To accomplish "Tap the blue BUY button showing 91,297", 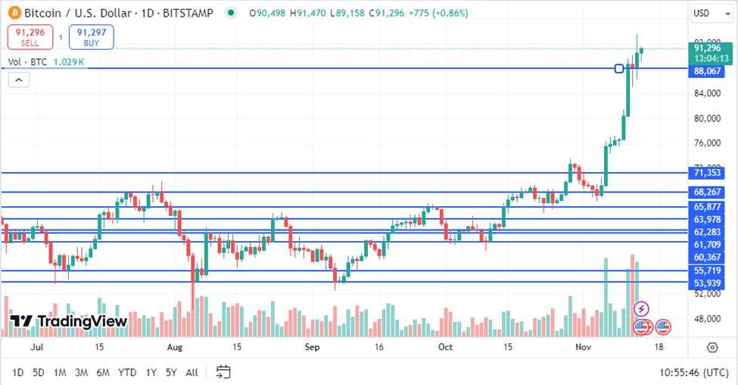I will tap(91, 36).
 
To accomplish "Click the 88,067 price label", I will tap(707, 71).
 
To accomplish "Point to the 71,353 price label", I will tap(707, 173).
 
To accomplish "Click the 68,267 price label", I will tap(707, 192).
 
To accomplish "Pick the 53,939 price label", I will tap(707, 283).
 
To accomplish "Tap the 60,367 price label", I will tap(707, 258).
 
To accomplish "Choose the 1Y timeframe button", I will tap(151, 372).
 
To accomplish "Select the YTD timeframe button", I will tap(127, 372).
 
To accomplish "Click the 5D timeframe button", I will tap(39, 372).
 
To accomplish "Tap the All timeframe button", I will tap(192, 372).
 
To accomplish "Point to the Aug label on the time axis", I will tap(175, 346).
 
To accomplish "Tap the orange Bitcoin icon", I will tap(13, 13).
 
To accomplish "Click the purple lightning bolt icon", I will tap(641, 308).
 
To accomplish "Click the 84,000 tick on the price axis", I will tap(707, 94).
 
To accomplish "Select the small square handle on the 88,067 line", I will tap(619, 69).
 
